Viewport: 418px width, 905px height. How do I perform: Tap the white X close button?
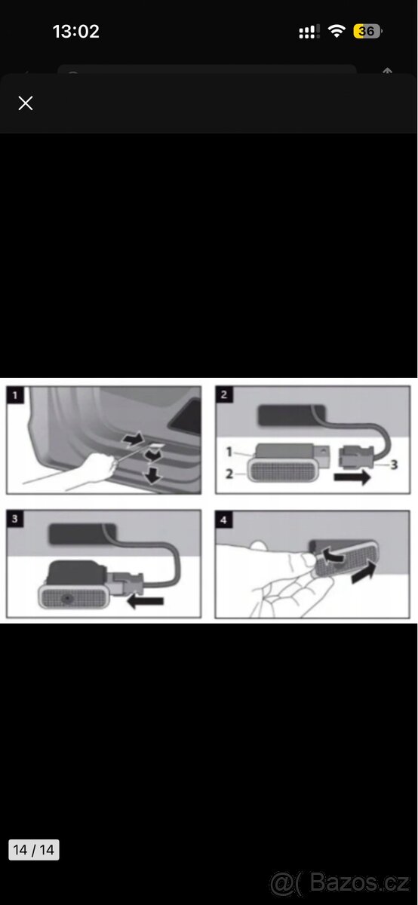(26, 103)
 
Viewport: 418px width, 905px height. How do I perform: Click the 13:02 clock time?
(76, 32)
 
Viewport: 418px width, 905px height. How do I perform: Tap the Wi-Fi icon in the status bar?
(337, 31)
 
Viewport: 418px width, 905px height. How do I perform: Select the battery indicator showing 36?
(367, 31)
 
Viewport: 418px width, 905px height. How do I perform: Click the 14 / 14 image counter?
(34, 850)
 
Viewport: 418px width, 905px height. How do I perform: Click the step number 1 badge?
(15, 394)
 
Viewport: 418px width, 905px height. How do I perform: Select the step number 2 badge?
(224, 394)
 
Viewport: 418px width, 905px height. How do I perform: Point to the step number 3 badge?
(15, 518)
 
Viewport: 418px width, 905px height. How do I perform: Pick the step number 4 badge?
(224, 520)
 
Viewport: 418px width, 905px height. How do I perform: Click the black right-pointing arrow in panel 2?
(352, 477)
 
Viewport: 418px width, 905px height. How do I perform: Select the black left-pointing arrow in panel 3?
(145, 601)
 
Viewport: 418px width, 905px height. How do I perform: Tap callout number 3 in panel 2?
(394, 465)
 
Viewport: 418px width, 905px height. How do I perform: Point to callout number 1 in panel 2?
(229, 452)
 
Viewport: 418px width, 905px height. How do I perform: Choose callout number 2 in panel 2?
(229, 474)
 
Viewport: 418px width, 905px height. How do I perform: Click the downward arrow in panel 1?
(153, 474)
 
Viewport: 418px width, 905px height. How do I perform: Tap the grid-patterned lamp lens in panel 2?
(282, 471)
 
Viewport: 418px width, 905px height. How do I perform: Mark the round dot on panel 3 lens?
(65, 597)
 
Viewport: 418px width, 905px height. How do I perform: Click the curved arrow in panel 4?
(332, 555)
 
